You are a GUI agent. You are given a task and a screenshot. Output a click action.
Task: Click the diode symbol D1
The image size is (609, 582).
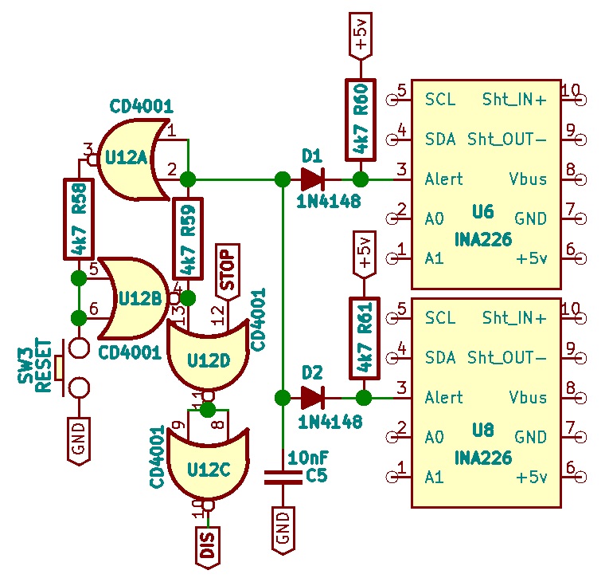(312, 179)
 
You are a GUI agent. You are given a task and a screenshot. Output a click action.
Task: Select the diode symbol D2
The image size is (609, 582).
(312, 398)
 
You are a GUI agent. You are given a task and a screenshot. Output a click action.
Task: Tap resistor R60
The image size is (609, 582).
(361, 120)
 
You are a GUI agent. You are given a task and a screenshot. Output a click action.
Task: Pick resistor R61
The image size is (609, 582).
(365, 338)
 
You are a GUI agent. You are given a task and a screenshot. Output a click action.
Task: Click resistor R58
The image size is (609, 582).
(79, 219)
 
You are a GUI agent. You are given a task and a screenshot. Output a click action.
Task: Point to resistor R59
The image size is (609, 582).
(188, 238)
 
